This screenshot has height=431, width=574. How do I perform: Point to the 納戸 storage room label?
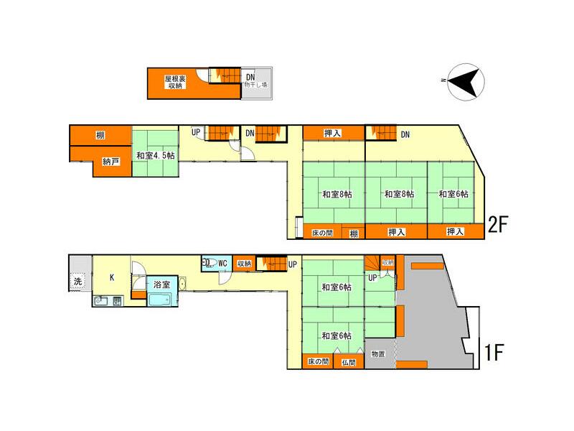tap(111, 162)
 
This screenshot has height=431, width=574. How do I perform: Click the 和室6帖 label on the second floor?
tap(453, 194)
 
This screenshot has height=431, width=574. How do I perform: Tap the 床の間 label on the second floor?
tap(322, 232)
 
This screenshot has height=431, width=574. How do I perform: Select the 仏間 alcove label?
tap(349, 361)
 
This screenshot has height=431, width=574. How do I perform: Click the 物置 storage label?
tap(379, 354)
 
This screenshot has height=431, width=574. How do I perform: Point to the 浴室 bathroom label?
tap(161, 284)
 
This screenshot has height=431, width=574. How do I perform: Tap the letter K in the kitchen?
tap(112, 277)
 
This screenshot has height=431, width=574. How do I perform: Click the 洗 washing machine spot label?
tap(78, 281)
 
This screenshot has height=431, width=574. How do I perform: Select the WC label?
tap(222, 263)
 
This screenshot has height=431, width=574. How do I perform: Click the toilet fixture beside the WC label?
tap(209, 263)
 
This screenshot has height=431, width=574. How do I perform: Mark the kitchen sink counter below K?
tap(108, 300)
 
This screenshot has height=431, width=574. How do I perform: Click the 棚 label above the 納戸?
tap(100, 135)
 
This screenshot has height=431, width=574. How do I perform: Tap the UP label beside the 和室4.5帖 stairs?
tap(196, 132)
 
